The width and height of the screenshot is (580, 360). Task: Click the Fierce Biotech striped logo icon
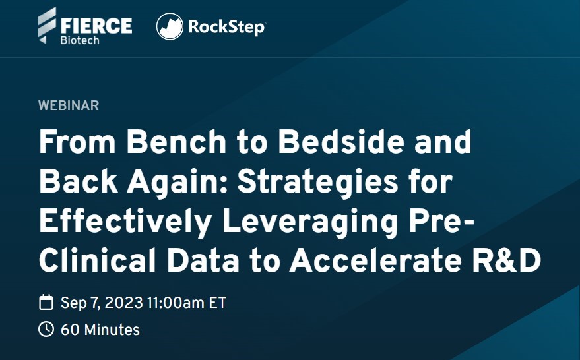[x=47, y=25]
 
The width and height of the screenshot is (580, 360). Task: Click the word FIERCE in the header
[x=96, y=26]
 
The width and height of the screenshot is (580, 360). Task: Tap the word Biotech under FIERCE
[x=80, y=40]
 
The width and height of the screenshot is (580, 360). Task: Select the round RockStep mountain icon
[x=170, y=26]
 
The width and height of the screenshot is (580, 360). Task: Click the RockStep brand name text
[x=227, y=27]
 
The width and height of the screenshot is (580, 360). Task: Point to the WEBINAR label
[x=69, y=105]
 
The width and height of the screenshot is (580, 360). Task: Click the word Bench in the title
[x=176, y=141]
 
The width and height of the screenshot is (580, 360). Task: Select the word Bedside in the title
[x=341, y=141]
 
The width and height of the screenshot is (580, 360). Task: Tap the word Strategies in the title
[x=317, y=183]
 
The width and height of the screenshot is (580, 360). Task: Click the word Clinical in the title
[x=97, y=260]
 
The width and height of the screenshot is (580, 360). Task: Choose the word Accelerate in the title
[x=376, y=260]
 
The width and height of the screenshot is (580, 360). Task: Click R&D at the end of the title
[x=507, y=260]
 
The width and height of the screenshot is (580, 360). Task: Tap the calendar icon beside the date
[x=46, y=302]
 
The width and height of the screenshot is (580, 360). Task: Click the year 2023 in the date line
[x=124, y=303]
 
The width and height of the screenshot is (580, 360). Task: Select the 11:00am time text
[x=176, y=303]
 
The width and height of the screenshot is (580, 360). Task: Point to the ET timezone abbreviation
[x=218, y=303]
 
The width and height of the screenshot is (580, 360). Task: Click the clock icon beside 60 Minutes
[x=46, y=329]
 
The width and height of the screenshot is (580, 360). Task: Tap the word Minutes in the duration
[x=112, y=330]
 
